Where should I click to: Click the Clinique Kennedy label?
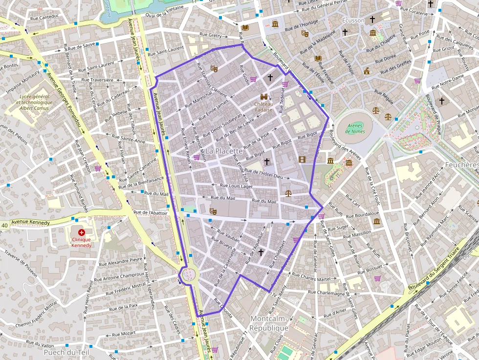(81, 242)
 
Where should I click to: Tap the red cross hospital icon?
(81, 233)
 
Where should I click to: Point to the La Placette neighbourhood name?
(223, 151)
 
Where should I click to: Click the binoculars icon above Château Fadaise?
(264, 97)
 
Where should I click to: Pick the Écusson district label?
(353, 21)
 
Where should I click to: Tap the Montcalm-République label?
(268, 323)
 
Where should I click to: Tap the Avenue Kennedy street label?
(30, 223)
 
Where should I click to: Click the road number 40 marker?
(4, 225)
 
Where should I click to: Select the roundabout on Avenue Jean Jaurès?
(187, 275)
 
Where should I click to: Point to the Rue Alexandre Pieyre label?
(122, 260)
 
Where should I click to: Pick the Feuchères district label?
(461, 165)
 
